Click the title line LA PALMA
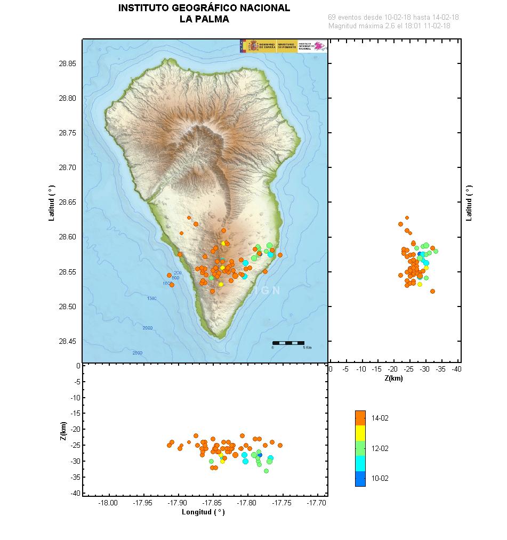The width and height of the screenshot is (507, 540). pos(204,19)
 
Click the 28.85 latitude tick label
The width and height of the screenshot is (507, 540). pos(68,63)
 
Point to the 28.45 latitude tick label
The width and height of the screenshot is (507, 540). pos(68,341)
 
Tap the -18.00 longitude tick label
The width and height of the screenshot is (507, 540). pos(108,503)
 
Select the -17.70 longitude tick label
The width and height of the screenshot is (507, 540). pos(317,503)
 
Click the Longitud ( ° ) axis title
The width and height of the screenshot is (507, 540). pos(203,512)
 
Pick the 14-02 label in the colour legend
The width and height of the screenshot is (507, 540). pos(381,418)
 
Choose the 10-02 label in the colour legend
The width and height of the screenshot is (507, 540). pos(381,478)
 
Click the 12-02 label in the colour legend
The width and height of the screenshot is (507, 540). pos(381,448)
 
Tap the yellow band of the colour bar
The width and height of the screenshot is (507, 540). pos(360,432)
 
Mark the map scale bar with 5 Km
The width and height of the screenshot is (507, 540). pos(288,343)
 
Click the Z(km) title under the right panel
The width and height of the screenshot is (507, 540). pos(393,378)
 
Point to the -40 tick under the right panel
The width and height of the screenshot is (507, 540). pos(456,369)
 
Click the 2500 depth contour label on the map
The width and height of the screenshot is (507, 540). pos(138,353)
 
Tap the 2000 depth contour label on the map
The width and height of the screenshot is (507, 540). pos(148,328)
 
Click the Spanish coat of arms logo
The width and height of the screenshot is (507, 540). pos(252,46)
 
